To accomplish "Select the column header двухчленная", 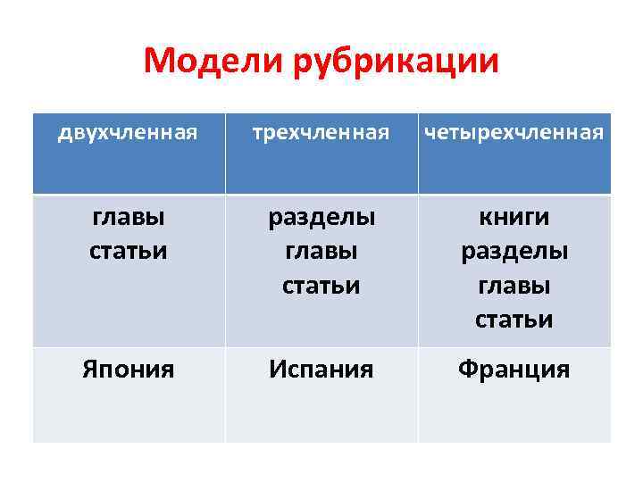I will [x=127, y=134].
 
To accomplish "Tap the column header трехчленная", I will [x=321, y=134].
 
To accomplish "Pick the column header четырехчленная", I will [x=514, y=134].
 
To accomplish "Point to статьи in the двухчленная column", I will [x=128, y=251].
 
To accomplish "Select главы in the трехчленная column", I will [x=321, y=252].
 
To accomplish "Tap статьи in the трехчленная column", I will [x=321, y=286].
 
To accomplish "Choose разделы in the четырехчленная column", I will [x=514, y=252].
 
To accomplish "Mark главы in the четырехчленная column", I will [x=514, y=286].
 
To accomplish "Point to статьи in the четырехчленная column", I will [x=514, y=319].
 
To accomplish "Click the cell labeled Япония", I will [x=128, y=370].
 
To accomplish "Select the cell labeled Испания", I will [x=321, y=370].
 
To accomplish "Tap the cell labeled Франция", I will [x=514, y=370].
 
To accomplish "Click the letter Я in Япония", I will [x=90, y=370].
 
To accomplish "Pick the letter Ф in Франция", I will [x=467, y=370].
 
